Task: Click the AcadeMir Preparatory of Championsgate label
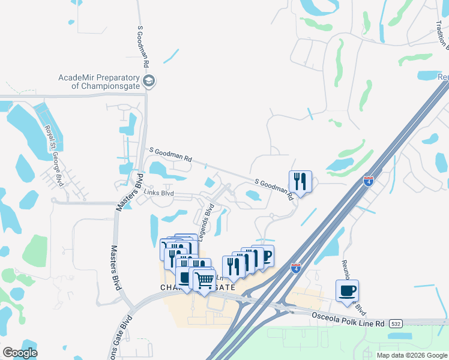(98, 81)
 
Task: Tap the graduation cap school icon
(149, 80)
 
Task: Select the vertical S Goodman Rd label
(143, 46)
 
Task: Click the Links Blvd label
(158, 193)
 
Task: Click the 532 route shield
(395, 323)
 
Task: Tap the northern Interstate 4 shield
(369, 180)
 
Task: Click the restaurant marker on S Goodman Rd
(300, 181)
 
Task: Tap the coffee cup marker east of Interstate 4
(347, 291)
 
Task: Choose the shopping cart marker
(204, 279)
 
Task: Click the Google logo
(20, 353)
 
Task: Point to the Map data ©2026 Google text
(411, 355)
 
